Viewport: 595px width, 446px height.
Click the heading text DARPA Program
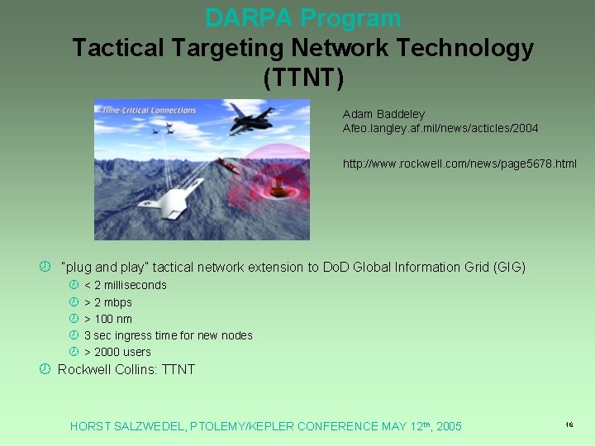click(302, 17)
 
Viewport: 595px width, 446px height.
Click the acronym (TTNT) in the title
click(302, 78)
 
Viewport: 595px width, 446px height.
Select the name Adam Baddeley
click(383, 114)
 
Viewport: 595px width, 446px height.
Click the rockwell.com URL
click(459, 164)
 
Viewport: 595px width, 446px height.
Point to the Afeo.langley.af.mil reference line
click(440, 128)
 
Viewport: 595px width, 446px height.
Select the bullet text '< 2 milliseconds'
click(125, 285)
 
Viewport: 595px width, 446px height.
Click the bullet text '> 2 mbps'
click(108, 302)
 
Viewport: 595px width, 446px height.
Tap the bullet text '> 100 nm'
click(108, 319)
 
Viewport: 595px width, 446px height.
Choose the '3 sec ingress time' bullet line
click(168, 335)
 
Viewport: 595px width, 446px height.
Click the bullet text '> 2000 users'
click(117, 352)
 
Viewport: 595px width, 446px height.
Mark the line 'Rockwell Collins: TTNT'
click(126, 369)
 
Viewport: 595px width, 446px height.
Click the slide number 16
click(569, 424)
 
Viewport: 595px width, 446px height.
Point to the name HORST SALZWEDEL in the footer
click(128, 426)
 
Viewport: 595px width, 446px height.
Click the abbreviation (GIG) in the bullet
click(509, 267)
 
